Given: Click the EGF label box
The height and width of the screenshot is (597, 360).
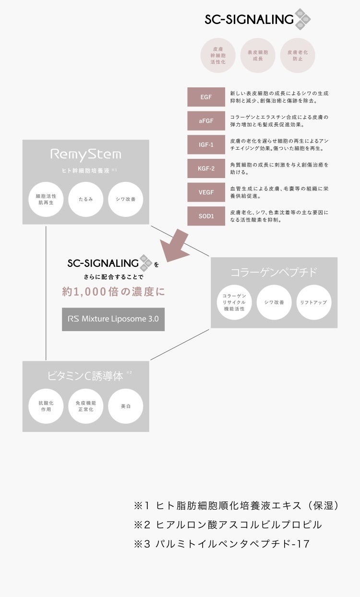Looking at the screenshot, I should click(206, 97).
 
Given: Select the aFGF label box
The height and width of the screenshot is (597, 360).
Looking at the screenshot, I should click(206, 121).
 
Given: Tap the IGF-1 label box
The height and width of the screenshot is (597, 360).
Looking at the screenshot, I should click(206, 144).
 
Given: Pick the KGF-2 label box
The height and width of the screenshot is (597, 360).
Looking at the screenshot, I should click(206, 168).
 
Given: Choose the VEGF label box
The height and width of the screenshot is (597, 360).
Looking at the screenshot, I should click(206, 192).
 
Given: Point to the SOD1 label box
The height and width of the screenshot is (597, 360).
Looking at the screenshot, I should click(206, 216).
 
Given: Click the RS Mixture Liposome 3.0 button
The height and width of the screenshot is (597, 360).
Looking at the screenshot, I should click(113, 319).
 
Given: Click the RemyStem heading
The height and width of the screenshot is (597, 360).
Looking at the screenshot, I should click(86, 155).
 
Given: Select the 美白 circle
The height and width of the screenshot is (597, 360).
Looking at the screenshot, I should click(126, 406).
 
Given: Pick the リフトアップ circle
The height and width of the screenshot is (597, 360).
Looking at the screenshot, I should click(313, 302).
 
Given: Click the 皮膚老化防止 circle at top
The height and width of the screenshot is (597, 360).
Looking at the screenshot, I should click(298, 55).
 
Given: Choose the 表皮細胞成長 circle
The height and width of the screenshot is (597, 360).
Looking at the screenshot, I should click(258, 55).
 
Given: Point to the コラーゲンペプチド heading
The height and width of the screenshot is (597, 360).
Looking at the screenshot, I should click(274, 273).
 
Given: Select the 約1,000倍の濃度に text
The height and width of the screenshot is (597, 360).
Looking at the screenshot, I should click(113, 291).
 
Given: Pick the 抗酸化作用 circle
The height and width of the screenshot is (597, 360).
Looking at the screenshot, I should click(46, 406).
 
